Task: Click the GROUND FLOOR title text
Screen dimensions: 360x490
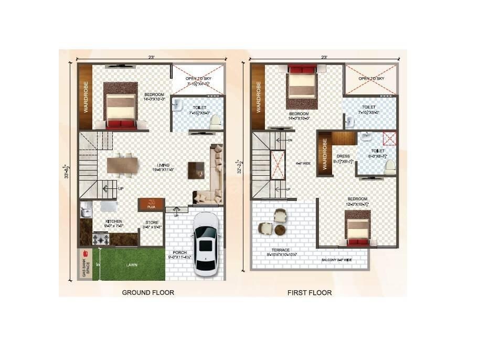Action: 148,292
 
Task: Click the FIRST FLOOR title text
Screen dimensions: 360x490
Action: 310,292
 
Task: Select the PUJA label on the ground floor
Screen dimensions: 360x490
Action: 151,207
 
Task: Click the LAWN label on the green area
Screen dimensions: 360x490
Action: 132,265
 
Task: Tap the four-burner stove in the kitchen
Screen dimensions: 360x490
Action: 101,240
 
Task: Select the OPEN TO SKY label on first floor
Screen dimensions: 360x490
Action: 371,79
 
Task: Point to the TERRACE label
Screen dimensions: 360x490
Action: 281,251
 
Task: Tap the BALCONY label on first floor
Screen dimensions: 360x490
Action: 337,260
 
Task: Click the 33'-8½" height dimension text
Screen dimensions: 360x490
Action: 67,171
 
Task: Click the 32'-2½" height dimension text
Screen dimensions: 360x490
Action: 240,167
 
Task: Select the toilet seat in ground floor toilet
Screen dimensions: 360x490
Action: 214,121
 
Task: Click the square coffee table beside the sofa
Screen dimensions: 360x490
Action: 197,169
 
